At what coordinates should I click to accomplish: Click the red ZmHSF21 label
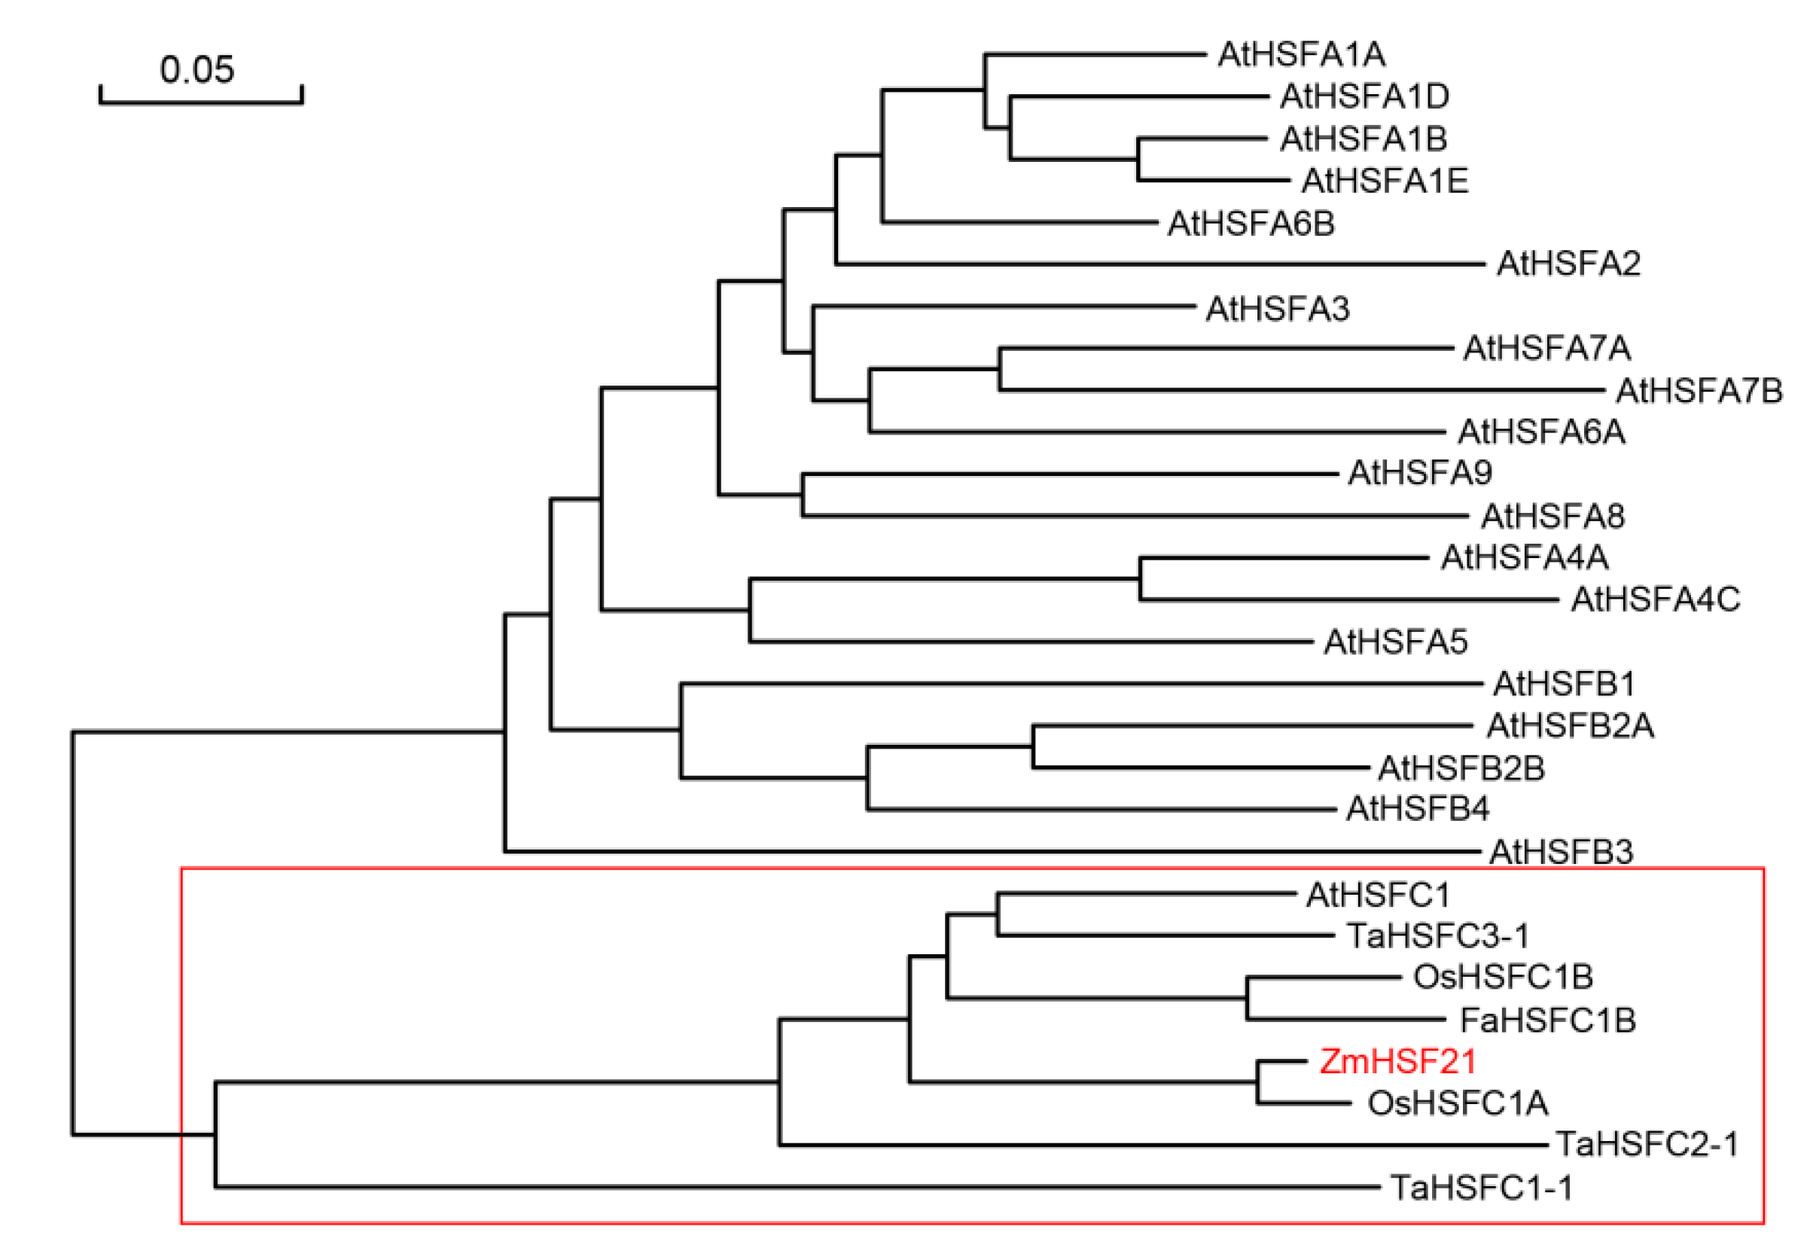[x=1397, y=1062]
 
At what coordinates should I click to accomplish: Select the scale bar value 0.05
[x=197, y=69]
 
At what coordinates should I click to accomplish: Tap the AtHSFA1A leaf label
[x=1300, y=54]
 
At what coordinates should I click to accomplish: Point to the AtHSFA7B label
[x=1699, y=391]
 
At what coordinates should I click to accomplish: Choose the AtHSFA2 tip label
[x=1568, y=263]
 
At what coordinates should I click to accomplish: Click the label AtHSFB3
[x=1561, y=851]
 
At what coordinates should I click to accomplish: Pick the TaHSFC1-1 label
[x=1481, y=1188]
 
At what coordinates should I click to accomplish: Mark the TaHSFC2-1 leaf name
[x=1647, y=1144]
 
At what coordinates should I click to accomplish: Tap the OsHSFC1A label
[x=1458, y=1103]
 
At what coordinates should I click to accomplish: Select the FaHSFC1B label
[x=1548, y=1020]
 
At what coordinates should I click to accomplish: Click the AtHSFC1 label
[x=1378, y=895]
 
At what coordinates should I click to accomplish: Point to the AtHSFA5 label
[x=1395, y=642]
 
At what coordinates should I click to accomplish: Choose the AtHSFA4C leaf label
[x=1655, y=600]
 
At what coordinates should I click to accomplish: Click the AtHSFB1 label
[x=1564, y=684]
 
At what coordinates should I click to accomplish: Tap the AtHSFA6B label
[x=1251, y=224]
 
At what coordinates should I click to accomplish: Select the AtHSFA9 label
[x=1419, y=472]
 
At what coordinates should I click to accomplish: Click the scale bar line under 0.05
[x=201, y=102]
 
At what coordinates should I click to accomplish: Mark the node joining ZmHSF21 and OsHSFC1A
[x=1258, y=1082]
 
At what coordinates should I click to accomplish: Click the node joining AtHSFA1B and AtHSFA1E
[x=1138, y=159]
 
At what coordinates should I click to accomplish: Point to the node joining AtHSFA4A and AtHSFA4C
[x=1140, y=579]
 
